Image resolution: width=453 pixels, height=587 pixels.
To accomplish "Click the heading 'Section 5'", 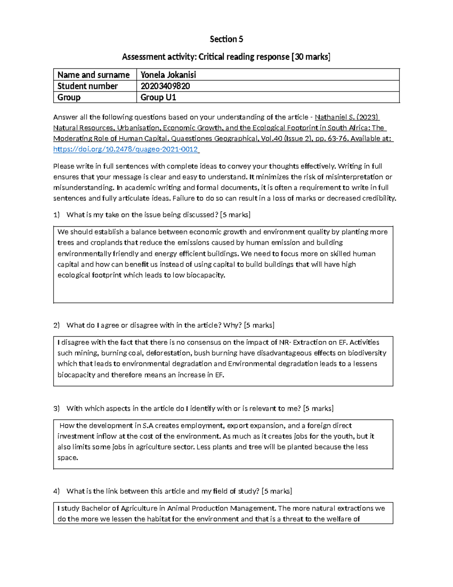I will (x=226, y=39).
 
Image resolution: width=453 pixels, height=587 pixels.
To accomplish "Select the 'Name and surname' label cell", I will (x=93, y=75).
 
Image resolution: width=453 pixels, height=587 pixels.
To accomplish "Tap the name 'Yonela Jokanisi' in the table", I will (x=168, y=75).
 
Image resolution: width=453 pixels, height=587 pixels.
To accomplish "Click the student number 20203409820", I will (x=165, y=86).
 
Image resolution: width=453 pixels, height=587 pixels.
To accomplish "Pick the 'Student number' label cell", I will (x=87, y=86).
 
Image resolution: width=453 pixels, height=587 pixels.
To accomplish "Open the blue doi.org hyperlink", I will (x=126, y=149).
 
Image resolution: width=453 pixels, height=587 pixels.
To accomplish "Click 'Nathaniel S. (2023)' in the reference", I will (x=347, y=117).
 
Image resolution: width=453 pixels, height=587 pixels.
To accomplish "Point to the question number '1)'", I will (x=57, y=215).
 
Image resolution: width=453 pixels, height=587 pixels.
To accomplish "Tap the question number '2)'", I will (x=57, y=325).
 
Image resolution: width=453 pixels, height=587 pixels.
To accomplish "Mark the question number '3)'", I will (x=57, y=409).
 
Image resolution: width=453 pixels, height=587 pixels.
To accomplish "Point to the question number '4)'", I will (x=57, y=491).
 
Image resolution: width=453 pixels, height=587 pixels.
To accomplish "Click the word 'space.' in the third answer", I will (x=68, y=458).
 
